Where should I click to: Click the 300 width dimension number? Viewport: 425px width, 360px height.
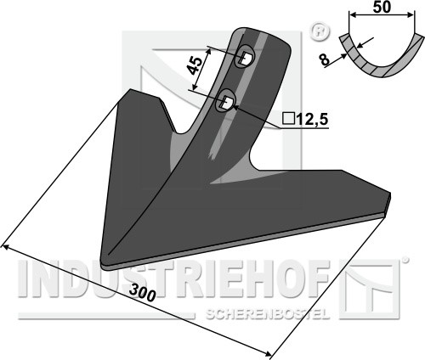143,293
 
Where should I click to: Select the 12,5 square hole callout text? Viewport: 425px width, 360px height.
312,120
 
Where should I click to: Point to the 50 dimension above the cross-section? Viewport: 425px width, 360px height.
382,7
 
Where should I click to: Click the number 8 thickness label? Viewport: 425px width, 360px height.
325,59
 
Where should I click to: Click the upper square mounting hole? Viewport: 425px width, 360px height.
245,58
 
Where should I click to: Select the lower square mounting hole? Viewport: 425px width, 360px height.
228,102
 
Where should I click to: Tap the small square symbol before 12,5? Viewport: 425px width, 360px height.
288,120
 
